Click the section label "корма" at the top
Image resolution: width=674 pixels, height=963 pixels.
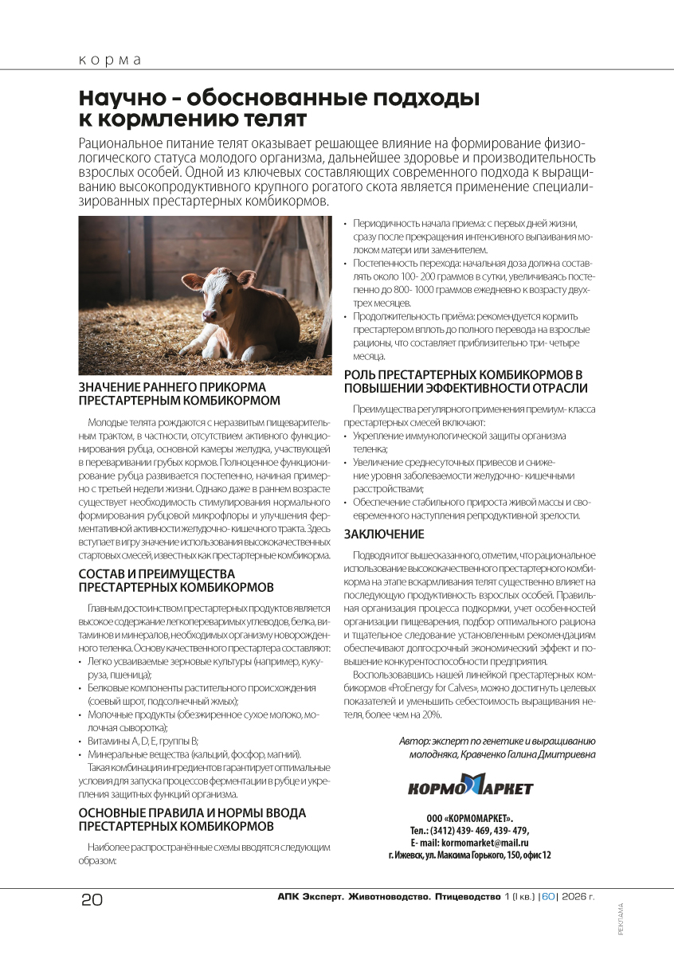pyautogui.click(x=110, y=61)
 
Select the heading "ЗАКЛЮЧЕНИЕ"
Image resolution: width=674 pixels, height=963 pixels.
pyautogui.click(x=384, y=534)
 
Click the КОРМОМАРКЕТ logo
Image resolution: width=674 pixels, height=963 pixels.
pyautogui.click(x=470, y=788)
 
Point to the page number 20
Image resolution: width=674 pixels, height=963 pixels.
pyautogui.click(x=92, y=900)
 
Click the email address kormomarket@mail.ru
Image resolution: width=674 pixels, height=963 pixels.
pyautogui.click(x=485, y=842)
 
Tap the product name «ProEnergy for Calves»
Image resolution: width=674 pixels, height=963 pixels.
pyautogui.click(x=432, y=687)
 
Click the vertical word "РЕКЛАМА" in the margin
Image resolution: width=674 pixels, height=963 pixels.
pyautogui.click(x=621, y=919)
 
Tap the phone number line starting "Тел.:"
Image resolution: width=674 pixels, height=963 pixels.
pyautogui.click(x=469, y=830)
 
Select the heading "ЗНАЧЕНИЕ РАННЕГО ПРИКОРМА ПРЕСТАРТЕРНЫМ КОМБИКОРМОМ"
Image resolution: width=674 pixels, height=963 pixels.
pyautogui.click(x=179, y=393)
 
